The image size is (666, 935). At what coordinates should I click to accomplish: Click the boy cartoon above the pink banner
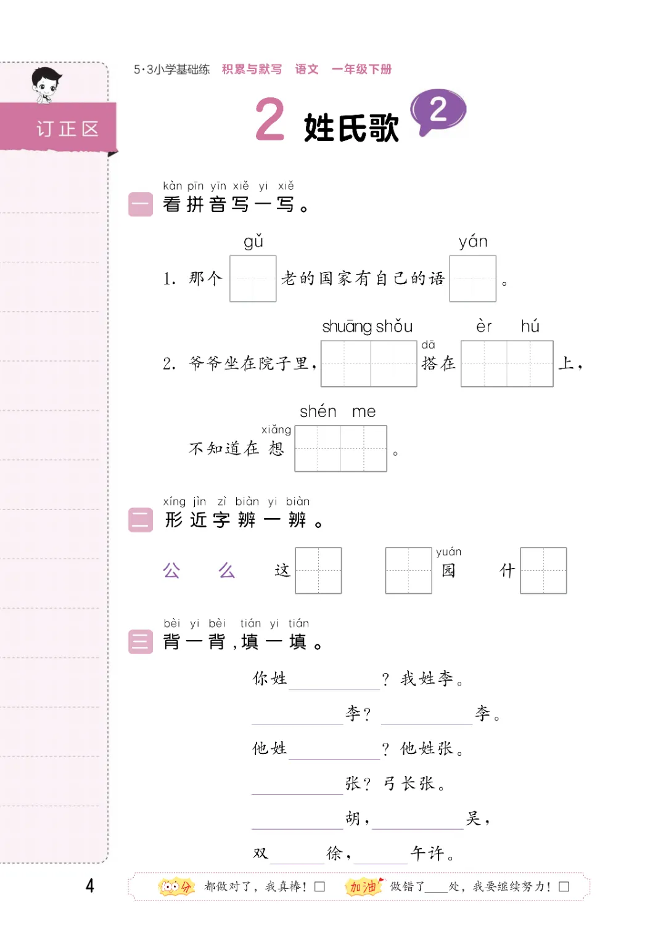click(x=46, y=84)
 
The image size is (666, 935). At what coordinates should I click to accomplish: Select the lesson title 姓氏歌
click(x=351, y=128)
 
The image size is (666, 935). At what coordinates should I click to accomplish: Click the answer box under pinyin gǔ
click(x=253, y=278)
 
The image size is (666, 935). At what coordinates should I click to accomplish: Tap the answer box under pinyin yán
click(x=472, y=278)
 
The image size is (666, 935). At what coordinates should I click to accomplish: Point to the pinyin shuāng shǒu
click(x=367, y=326)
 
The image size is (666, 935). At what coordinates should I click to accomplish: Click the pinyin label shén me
click(x=337, y=411)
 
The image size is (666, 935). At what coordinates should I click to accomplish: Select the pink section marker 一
click(x=140, y=204)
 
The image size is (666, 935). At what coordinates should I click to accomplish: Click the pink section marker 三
click(x=140, y=642)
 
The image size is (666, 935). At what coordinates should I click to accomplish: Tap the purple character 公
click(x=171, y=571)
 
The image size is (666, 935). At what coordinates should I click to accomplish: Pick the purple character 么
click(x=226, y=571)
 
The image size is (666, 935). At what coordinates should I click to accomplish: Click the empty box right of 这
click(x=318, y=570)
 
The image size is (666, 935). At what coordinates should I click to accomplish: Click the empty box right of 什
click(x=543, y=570)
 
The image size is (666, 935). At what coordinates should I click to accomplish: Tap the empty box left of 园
click(x=408, y=570)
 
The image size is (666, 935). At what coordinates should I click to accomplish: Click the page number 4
click(x=90, y=886)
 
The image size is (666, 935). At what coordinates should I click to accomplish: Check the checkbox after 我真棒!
click(x=319, y=887)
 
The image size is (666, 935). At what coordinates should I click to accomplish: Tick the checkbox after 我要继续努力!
click(x=564, y=887)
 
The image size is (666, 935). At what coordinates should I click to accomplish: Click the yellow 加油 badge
click(x=364, y=886)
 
